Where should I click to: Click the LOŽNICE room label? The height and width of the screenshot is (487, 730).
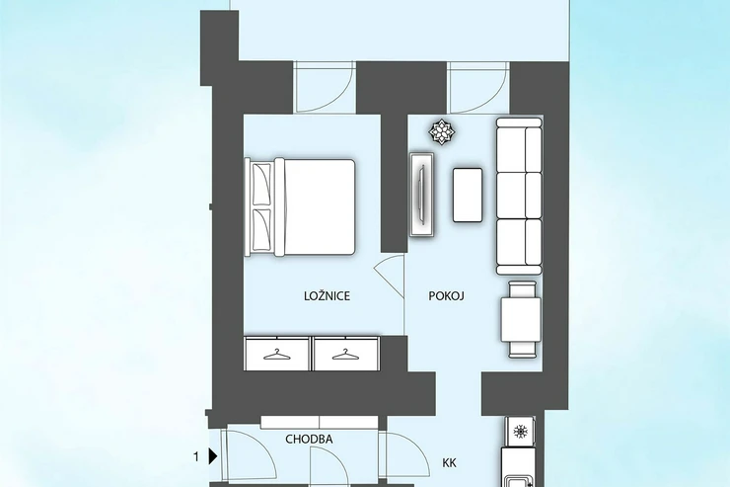pos(327,296)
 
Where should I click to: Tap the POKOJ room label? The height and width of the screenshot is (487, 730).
pos(447,296)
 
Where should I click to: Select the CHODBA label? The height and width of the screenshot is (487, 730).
pos(309,439)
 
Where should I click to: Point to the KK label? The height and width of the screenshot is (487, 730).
pos(449,462)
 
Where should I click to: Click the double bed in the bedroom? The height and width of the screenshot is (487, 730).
pos(300,206)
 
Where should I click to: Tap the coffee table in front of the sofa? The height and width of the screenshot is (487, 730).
pos(468,195)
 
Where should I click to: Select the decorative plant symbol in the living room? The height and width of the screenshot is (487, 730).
pos(441,131)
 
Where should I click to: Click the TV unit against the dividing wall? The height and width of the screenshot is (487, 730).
pos(422,195)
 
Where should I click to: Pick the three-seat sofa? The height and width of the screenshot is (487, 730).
pos(519,196)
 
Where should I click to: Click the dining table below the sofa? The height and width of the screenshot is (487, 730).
pos(521,319)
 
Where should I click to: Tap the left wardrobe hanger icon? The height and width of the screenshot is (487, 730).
pos(276,355)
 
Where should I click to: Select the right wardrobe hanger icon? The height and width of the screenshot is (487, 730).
pos(345,355)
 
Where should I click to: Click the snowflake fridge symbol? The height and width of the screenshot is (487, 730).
pos(520,432)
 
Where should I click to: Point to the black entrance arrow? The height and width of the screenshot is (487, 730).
pos(213,456)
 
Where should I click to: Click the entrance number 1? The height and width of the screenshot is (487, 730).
pos(196,457)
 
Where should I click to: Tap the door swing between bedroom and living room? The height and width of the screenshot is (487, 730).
pos(390,277)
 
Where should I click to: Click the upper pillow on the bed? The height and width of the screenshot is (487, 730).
pos(261,184)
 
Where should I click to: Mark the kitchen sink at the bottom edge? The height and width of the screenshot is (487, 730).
pos(517,481)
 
